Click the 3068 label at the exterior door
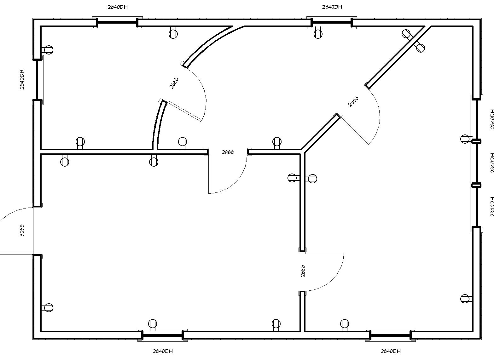(22, 231)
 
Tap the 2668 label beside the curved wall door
(174, 83)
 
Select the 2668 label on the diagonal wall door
(353, 101)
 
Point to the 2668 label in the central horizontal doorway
(228, 152)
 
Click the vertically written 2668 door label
(303, 271)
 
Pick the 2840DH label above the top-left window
(118, 7)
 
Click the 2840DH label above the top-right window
(332, 7)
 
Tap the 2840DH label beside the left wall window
(22, 79)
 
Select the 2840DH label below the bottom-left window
(163, 351)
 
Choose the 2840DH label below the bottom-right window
(391, 351)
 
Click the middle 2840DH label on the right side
(492, 163)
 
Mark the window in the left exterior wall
(37, 80)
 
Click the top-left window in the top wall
(117, 23)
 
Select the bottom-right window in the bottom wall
(390, 335)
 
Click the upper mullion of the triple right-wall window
(476, 141)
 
